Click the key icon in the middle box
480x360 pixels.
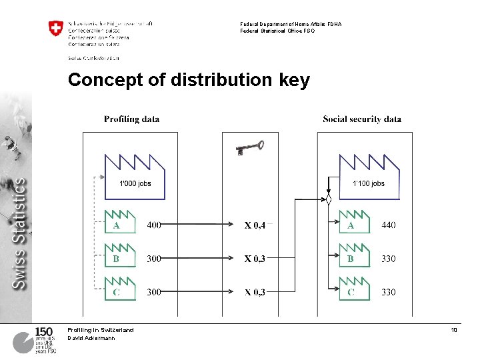click(250, 147)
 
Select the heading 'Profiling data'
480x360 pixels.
click(131, 119)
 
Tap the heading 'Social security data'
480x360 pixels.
click(362, 119)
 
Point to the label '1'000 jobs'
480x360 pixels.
click(135, 183)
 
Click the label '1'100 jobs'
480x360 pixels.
click(369, 183)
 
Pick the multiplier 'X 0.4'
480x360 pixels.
click(255, 226)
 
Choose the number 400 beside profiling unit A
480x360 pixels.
click(154, 225)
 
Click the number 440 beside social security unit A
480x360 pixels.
click(388, 225)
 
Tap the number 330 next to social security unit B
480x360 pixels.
click(388, 259)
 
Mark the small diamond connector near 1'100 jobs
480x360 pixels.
click(329, 199)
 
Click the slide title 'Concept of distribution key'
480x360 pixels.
click(189, 81)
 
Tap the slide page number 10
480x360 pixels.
click(453, 330)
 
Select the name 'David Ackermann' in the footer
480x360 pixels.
click(91, 338)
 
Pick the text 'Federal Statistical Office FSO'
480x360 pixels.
click(277, 31)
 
